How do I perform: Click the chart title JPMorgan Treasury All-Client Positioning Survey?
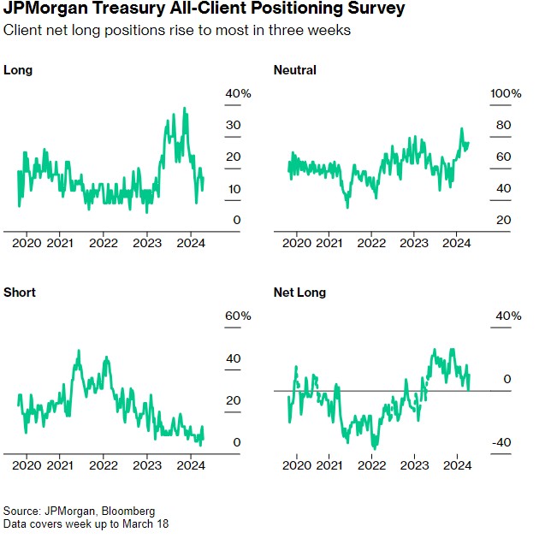[x=204, y=11]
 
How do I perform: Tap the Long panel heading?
[x=18, y=70]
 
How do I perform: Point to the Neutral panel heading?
[x=294, y=70]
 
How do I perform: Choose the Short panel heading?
[x=20, y=293]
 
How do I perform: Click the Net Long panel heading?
[x=299, y=293]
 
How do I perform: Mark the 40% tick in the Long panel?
[x=238, y=93]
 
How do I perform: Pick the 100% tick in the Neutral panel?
[x=504, y=93]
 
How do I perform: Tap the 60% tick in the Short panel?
[x=238, y=316]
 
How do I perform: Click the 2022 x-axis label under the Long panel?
[x=104, y=243]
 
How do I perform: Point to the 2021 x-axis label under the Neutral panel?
[x=329, y=243]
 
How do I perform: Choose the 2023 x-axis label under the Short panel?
[x=147, y=466]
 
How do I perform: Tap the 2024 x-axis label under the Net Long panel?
[x=457, y=466]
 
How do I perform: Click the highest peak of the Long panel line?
[x=185, y=109]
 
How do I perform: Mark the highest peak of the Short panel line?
[x=79, y=350]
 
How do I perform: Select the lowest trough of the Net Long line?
[x=374, y=447]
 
